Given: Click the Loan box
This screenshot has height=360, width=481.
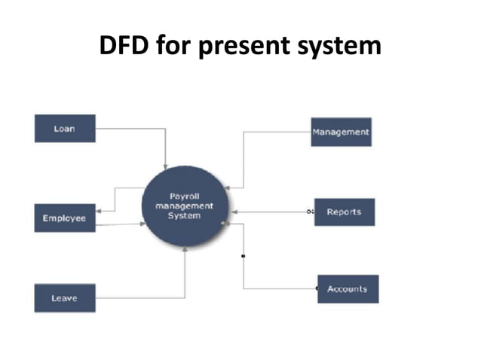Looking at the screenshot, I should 65,128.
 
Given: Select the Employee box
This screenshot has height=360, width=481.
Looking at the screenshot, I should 65,218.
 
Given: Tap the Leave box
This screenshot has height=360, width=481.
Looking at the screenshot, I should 65,297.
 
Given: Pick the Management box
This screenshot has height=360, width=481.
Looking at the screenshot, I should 341,132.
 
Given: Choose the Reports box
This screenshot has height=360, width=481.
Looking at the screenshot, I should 344,212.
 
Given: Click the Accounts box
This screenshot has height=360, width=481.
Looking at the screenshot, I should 347,288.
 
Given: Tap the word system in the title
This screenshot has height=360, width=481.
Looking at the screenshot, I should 342,46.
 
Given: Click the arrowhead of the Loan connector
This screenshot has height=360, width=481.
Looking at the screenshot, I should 166,165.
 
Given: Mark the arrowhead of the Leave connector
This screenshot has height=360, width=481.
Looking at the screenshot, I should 185,250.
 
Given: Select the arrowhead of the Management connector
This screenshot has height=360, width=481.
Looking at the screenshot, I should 228,186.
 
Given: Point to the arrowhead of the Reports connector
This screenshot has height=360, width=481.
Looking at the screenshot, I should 228,212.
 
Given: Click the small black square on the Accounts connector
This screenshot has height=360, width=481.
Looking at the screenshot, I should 243,256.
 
